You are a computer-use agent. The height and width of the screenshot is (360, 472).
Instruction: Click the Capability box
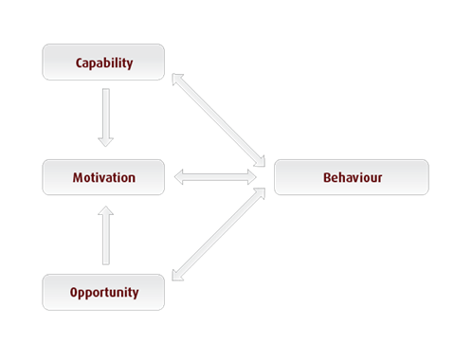(x=103, y=63)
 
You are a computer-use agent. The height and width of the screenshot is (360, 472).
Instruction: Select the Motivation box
(x=103, y=177)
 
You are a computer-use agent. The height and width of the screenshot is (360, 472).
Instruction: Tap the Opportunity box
(x=103, y=292)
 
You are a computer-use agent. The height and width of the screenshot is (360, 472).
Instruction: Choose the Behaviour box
(x=351, y=177)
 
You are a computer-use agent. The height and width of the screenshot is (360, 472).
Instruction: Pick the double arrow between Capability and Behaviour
(x=218, y=118)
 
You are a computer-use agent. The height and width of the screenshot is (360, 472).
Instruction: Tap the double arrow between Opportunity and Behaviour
(x=218, y=234)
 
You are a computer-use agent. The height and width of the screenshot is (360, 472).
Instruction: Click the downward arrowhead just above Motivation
(x=105, y=140)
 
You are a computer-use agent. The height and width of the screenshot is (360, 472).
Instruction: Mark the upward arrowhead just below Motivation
(x=105, y=214)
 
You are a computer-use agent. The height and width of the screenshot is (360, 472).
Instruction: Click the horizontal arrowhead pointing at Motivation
(x=180, y=177)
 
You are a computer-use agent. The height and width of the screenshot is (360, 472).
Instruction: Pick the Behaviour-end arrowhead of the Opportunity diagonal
(x=260, y=195)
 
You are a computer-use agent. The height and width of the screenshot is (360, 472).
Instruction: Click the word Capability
(x=103, y=63)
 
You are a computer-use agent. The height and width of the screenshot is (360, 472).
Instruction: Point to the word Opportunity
(x=103, y=292)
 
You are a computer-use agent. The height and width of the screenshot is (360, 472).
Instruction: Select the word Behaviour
(x=351, y=177)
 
